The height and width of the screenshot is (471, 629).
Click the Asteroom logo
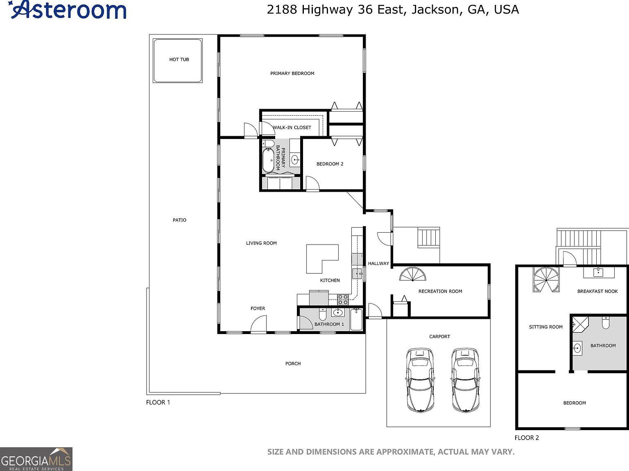pos(68,10)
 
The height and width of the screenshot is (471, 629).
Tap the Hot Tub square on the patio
pos(178,61)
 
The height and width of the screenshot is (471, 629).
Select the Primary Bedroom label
pos(292,74)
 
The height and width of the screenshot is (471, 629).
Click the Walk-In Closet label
pos(292,128)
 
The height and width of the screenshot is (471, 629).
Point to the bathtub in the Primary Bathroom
pos(268,160)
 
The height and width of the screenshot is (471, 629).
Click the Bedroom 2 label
pos(330,164)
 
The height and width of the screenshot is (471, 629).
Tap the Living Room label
pos(261,243)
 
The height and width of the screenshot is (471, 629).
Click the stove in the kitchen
pos(343,300)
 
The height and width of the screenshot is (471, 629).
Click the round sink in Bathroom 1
pos(337,313)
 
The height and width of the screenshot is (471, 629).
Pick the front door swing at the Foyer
pos(258,325)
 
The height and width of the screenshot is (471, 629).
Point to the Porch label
pos(293,363)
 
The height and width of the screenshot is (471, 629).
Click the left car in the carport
pos(420,380)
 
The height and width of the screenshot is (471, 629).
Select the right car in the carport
pos(465,380)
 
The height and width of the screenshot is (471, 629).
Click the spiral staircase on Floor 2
pos(546,280)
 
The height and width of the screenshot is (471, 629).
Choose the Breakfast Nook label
pos(597,292)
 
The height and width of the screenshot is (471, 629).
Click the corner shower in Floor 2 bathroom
pos(579,323)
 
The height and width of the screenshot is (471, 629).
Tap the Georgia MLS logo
pos(36,459)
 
